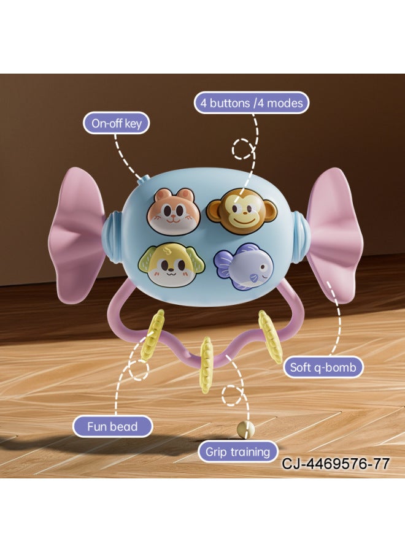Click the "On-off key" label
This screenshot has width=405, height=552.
point(116,123)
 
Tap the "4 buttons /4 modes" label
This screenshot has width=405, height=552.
point(252,103)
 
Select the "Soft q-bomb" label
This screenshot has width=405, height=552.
point(323,367)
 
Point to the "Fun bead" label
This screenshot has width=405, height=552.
point(112,426)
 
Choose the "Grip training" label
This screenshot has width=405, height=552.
point(237,451)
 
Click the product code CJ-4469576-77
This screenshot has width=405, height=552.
point(336,463)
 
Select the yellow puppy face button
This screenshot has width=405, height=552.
point(167,265)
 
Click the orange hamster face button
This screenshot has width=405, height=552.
point(174,209)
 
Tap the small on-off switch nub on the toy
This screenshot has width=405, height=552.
point(142,180)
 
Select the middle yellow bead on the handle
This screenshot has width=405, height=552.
point(206,364)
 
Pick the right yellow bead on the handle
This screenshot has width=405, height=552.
point(271,337)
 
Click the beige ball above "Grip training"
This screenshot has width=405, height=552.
point(245,429)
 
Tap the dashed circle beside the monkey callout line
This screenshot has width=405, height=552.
point(243,149)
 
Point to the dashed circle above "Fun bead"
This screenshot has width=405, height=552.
point(137,370)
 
